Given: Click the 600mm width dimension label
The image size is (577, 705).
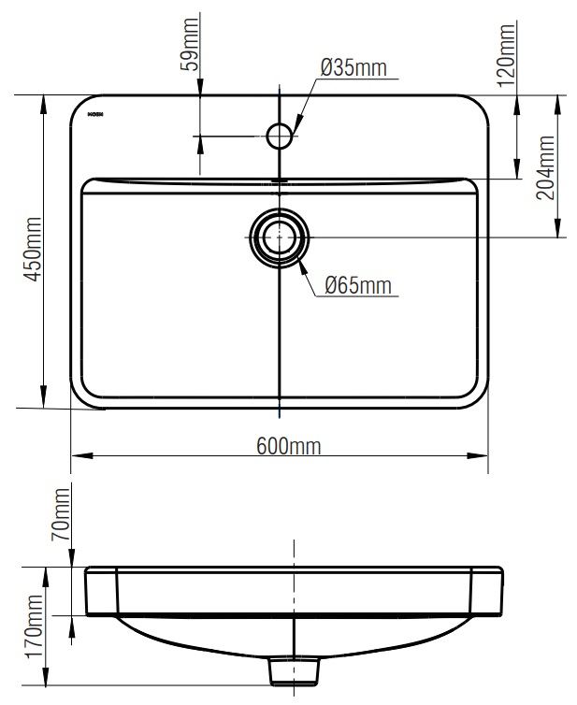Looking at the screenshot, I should (288, 446).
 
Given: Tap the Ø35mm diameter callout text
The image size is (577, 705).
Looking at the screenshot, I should (353, 67).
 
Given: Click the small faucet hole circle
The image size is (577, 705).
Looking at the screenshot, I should (280, 137).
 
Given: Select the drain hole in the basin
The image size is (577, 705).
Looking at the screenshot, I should (280, 235).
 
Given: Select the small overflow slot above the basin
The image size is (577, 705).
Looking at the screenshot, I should (278, 179).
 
